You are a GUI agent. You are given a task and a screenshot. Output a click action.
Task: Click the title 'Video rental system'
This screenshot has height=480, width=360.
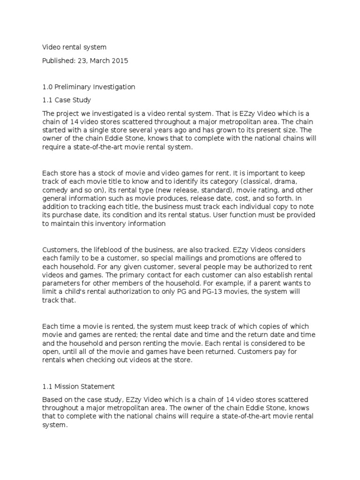(75, 47)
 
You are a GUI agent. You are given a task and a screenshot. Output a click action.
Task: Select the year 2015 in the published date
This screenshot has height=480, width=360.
(120, 60)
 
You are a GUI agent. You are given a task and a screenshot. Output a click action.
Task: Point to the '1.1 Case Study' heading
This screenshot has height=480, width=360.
(67, 100)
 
